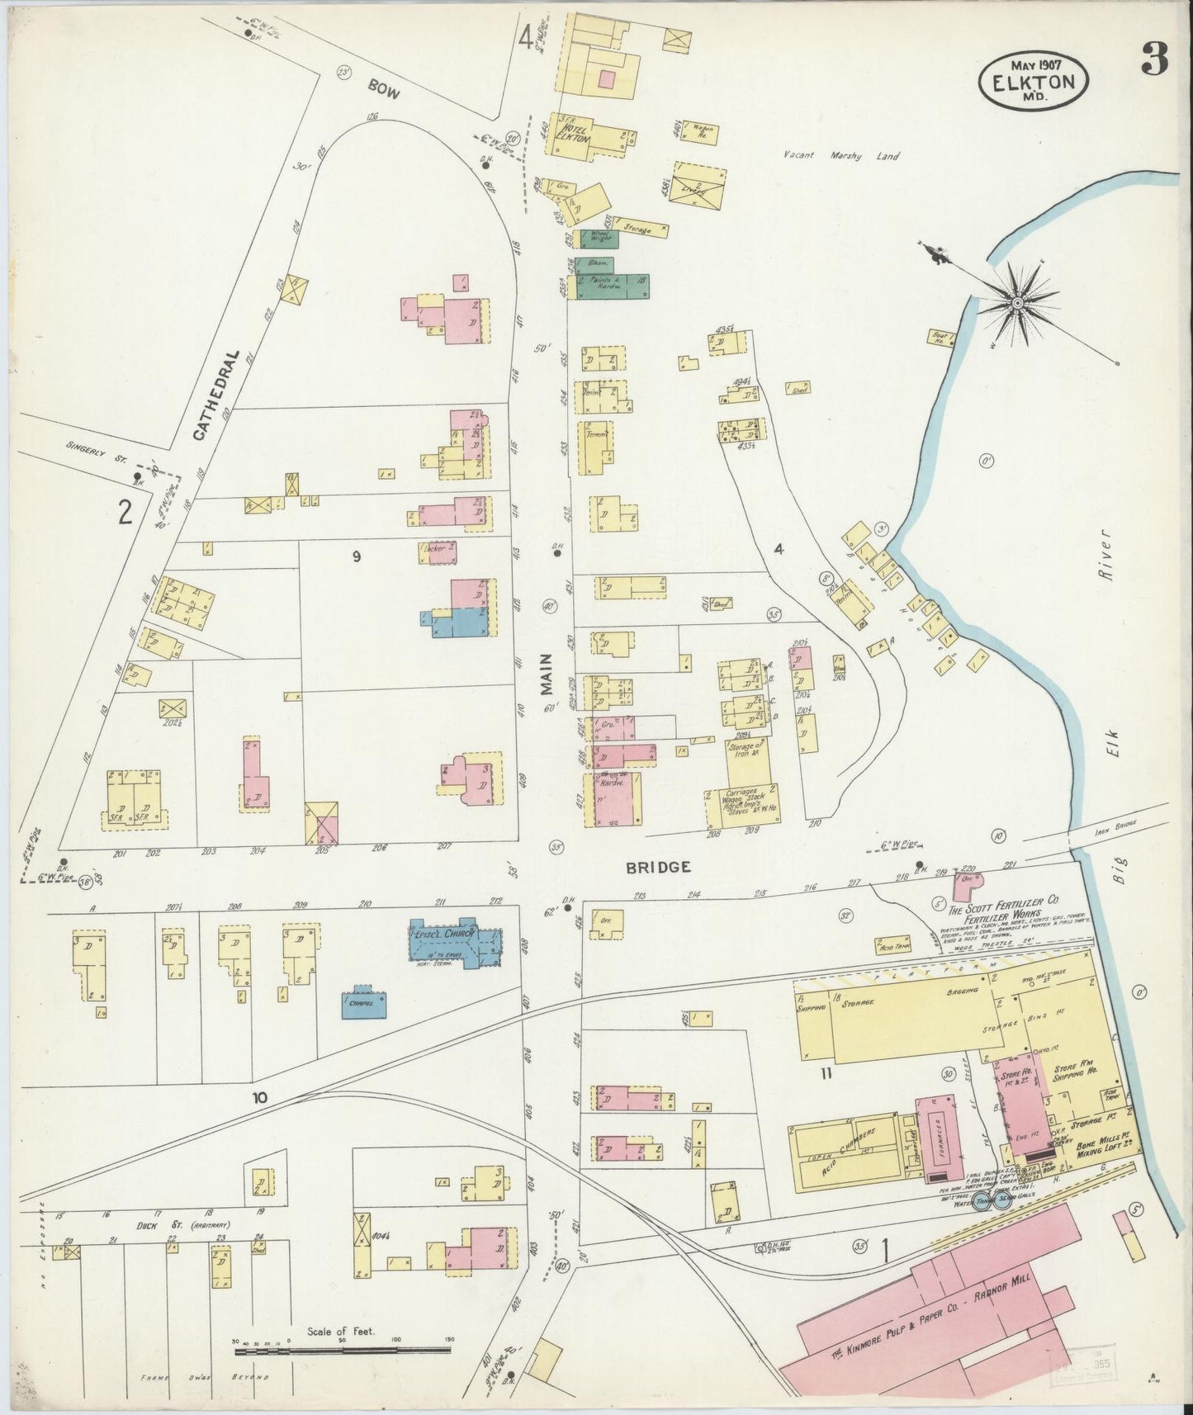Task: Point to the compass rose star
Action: coord(1018,303)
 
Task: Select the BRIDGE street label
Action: coord(658,867)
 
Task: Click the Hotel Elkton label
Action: coord(575,134)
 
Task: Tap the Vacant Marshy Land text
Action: coord(840,155)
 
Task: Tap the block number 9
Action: coord(356,557)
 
